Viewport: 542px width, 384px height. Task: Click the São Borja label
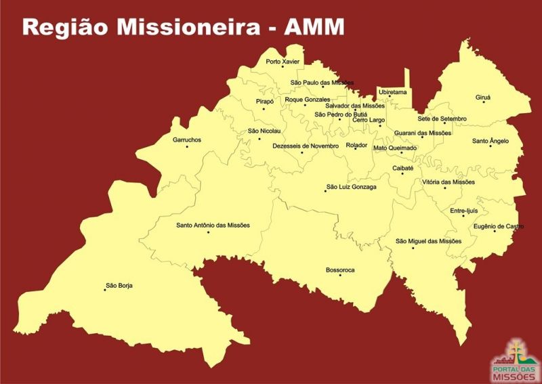[119, 286]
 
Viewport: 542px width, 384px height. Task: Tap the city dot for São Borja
[105, 290]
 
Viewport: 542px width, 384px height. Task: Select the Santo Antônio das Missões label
[213, 226]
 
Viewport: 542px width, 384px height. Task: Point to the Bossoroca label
[340, 270]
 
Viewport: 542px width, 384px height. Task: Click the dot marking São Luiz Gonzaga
[325, 191]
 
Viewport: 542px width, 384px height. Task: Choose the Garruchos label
[187, 140]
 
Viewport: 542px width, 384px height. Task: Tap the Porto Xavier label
[283, 62]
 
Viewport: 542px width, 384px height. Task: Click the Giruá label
[483, 98]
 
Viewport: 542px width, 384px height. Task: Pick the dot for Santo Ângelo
[491, 146]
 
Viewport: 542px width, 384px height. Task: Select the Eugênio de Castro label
[498, 226]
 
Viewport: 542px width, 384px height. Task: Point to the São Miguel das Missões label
[428, 241]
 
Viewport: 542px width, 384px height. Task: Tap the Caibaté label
[402, 168]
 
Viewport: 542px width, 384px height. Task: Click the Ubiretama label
[393, 91]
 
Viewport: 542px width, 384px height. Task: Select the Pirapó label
[265, 101]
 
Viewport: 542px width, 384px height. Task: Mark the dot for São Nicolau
[259, 139]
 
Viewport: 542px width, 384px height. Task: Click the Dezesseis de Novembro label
[305, 146]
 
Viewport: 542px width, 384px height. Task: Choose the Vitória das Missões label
[449, 182]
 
